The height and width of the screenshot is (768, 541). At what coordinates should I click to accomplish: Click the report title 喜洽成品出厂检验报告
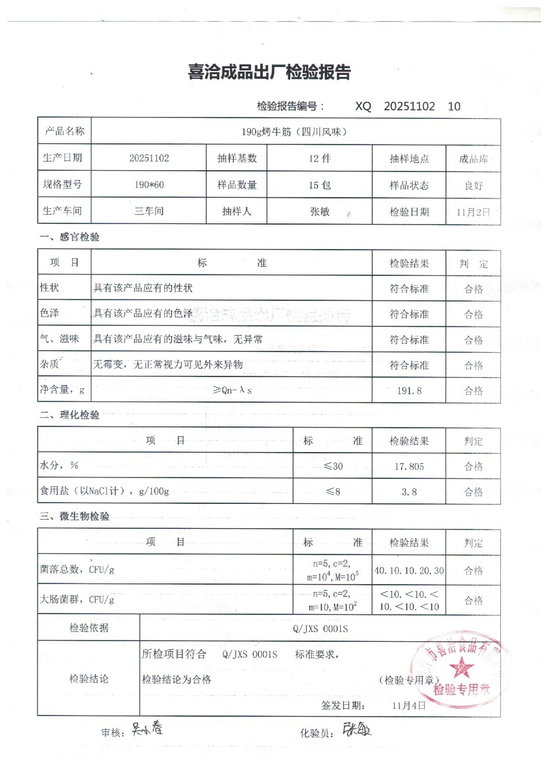(269, 72)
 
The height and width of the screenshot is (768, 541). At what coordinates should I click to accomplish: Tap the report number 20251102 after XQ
(409, 106)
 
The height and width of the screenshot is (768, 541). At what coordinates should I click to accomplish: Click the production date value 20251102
(150, 158)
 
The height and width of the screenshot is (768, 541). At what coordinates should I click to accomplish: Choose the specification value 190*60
(149, 185)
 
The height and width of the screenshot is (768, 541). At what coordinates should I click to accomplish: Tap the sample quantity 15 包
(320, 185)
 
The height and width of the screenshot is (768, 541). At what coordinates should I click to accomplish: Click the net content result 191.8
(409, 391)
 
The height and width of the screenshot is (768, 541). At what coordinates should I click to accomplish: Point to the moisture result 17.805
(409, 466)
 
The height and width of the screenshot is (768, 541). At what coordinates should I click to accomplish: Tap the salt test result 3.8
(409, 491)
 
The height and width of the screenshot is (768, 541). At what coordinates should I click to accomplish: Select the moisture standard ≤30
(333, 466)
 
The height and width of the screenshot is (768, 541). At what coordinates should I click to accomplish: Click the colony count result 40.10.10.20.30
(409, 570)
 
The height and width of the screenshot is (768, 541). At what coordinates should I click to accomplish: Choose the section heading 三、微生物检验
(74, 517)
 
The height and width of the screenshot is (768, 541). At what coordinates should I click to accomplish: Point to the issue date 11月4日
(408, 706)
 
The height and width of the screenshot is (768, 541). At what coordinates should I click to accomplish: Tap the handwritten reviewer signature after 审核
(146, 729)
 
